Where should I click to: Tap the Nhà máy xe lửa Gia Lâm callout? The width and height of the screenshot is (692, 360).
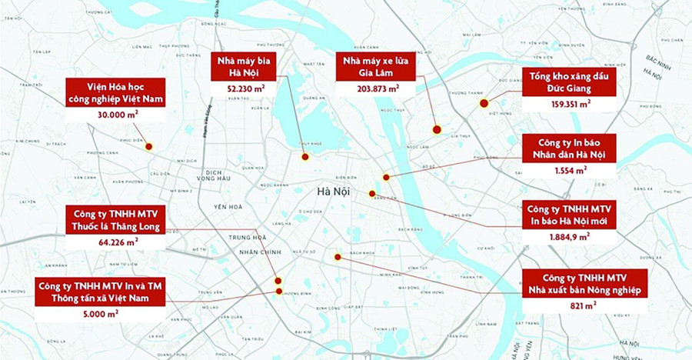point(376,67)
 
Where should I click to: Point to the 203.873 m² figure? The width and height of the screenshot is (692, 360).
point(376,88)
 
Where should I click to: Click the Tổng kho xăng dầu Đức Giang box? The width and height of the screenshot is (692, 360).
point(570,82)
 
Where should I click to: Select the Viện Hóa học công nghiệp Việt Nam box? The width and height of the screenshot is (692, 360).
point(115,92)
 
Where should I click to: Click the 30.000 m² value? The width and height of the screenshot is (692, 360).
point(115,114)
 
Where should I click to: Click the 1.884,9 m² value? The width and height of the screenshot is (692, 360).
point(569,236)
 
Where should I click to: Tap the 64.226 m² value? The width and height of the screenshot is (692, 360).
point(115,242)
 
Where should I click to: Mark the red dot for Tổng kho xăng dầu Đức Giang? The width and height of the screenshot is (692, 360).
point(484,103)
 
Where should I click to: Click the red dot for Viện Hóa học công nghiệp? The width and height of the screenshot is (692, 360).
point(148,146)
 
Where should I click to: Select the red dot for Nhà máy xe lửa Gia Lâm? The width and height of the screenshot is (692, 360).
point(436,129)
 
